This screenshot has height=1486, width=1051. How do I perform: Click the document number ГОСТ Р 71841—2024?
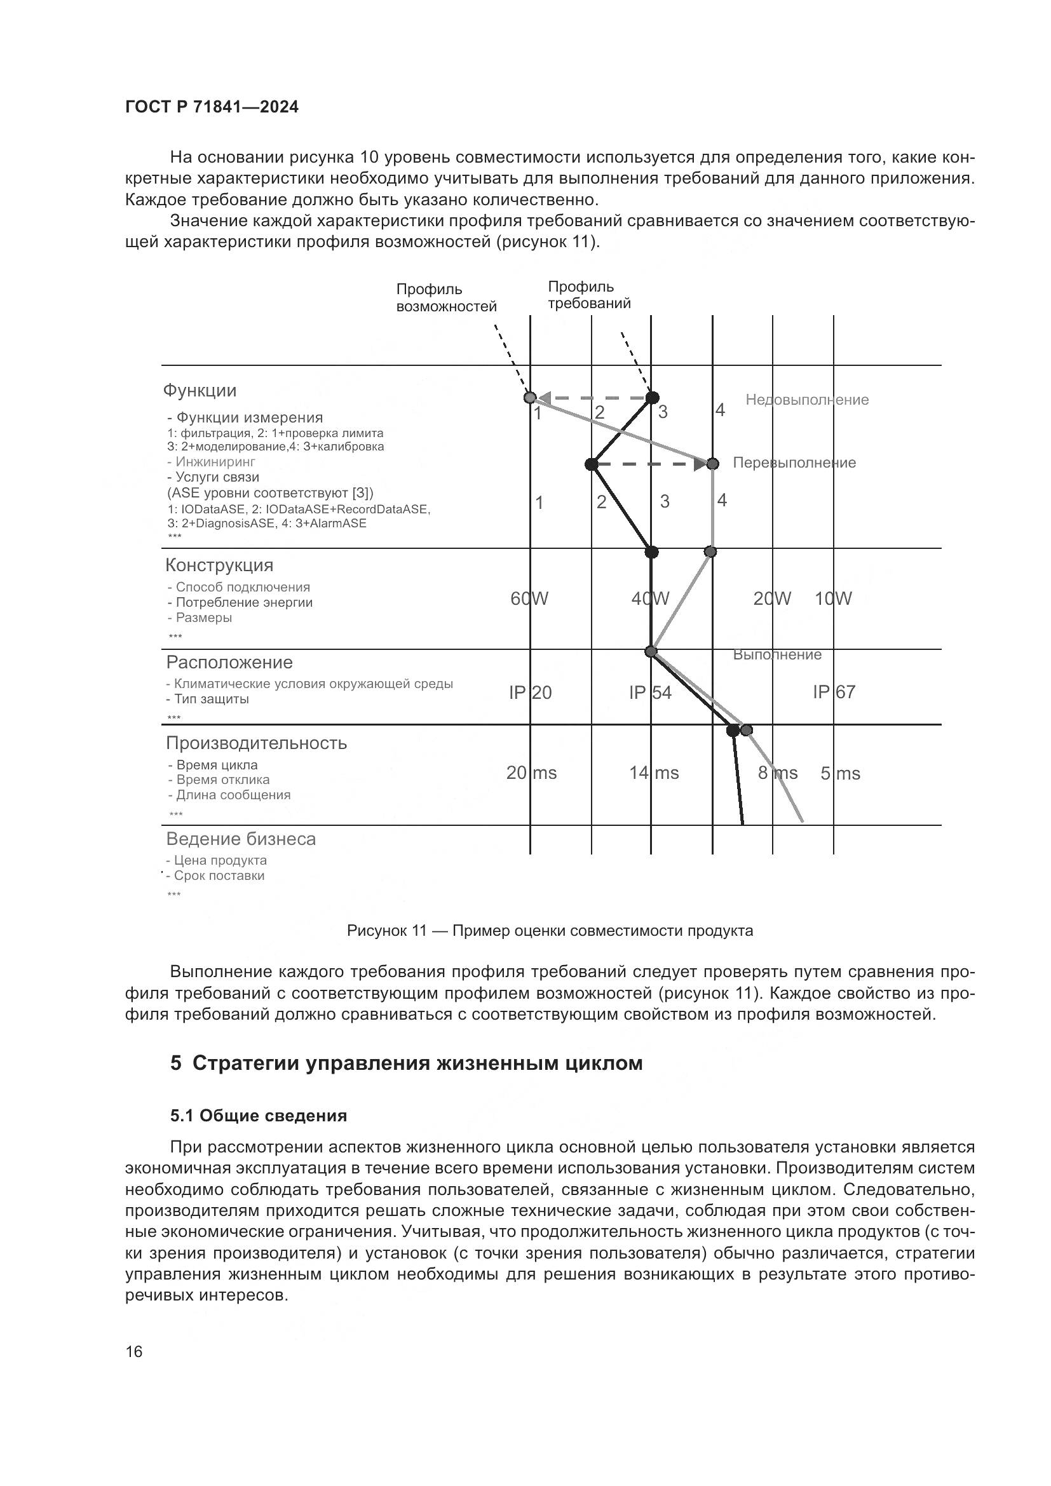click(x=212, y=107)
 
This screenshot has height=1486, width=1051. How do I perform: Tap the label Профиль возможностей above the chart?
click(x=446, y=298)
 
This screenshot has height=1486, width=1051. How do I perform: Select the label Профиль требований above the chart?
click(x=589, y=295)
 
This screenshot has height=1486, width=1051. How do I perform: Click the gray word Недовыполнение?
click(x=806, y=400)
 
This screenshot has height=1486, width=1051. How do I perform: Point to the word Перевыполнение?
click(x=794, y=463)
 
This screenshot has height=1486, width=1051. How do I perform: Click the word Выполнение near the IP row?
click(x=776, y=655)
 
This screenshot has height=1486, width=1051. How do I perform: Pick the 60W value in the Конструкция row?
click(x=529, y=598)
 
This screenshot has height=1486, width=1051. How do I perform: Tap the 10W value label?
click(x=833, y=598)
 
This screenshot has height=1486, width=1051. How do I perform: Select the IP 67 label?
click(x=834, y=692)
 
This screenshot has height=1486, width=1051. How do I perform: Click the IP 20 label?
click(x=530, y=693)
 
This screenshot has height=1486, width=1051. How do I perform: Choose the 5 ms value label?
click(x=840, y=773)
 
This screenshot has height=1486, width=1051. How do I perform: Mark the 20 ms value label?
click(x=531, y=773)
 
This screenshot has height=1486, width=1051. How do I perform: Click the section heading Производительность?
click(x=256, y=743)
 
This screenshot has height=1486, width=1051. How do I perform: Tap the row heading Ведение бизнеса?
click(x=241, y=839)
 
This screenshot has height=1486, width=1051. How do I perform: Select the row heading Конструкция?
click(x=219, y=565)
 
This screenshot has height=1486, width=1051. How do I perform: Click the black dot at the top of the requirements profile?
click(x=653, y=397)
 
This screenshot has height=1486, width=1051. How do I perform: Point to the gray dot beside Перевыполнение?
click(x=712, y=464)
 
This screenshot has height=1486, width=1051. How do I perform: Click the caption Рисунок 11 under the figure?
click(x=550, y=931)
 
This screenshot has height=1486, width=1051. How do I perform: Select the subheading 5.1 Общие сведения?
click(x=258, y=1116)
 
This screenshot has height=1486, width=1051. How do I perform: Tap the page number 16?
click(x=134, y=1352)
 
